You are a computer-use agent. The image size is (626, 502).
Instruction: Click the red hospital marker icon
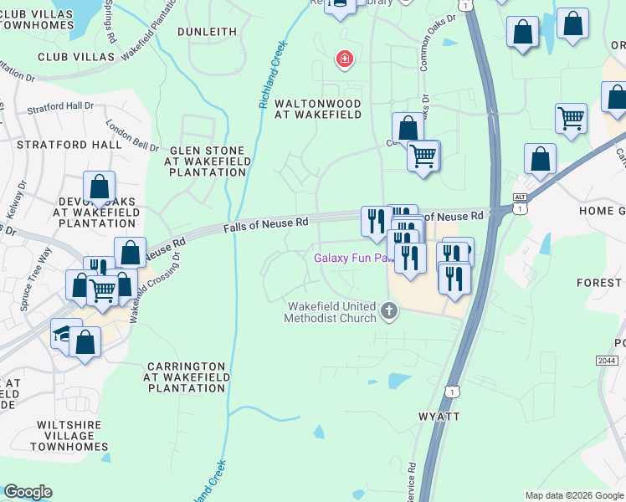click(x=343, y=59)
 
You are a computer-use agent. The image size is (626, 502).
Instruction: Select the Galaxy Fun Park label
click(x=351, y=258)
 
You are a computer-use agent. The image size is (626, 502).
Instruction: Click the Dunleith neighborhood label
click(x=208, y=31)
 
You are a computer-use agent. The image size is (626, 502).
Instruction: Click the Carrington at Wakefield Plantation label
click(x=186, y=377)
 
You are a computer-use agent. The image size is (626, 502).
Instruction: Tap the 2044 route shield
click(x=607, y=360)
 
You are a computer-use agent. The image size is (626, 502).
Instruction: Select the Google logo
click(x=28, y=492)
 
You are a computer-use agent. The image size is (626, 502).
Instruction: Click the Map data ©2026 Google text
click(x=574, y=495)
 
